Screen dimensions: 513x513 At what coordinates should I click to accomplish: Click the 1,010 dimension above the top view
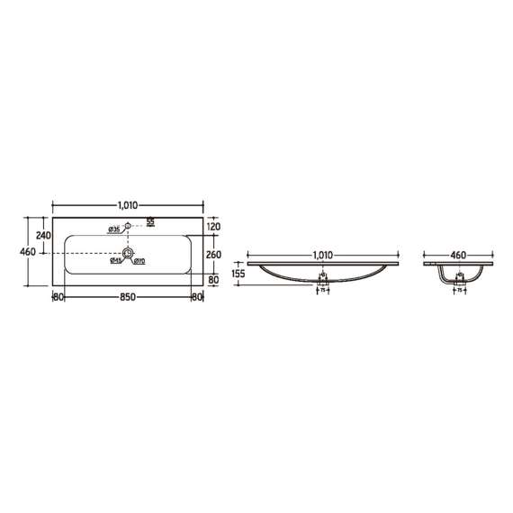pyautogui.click(x=130, y=205)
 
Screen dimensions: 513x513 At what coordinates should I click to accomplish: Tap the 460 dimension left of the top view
pyautogui.click(x=27, y=252)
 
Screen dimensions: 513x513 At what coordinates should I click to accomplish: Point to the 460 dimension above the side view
pyautogui.click(x=459, y=256)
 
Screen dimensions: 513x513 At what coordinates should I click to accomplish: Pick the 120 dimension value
pyautogui.click(x=214, y=228)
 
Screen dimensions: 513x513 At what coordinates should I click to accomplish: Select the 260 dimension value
pyautogui.click(x=214, y=255)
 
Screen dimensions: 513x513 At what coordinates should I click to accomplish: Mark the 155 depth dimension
pyautogui.click(x=238, y=274)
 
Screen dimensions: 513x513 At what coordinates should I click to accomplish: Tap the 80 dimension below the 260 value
pyautogui.click(x=214, y=280)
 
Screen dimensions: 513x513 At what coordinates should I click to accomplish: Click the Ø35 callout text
pyautogui.click(x=114, y=230)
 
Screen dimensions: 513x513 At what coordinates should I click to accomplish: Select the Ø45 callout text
pyautogui.click(x=116, y=262)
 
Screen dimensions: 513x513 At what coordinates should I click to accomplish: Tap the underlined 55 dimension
pyautogui.click(x=151, y=221)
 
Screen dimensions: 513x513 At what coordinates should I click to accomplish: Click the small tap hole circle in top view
pyautogui.click(x=129, y=227)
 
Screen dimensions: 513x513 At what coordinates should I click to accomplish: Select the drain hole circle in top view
pyautogui.click(x=129, y=256)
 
